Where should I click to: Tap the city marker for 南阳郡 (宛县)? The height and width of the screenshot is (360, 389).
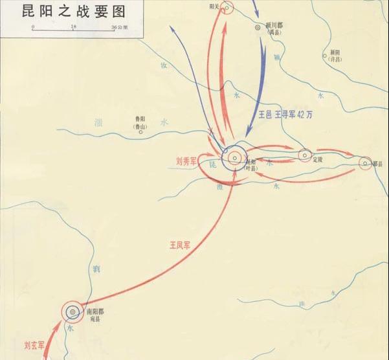pyautogui.click(x=72, y=311)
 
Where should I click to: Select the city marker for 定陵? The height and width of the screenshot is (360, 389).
pyautogui.click(x=305, y=155)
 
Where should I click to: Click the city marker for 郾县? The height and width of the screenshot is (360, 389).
pyautogui.click(x=365, y=163)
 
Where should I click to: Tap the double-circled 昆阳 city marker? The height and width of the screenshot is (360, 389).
pyautogui.click(x=233, y=157)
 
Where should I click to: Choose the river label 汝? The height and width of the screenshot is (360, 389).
pyautogui.click(x=164, y=66)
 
